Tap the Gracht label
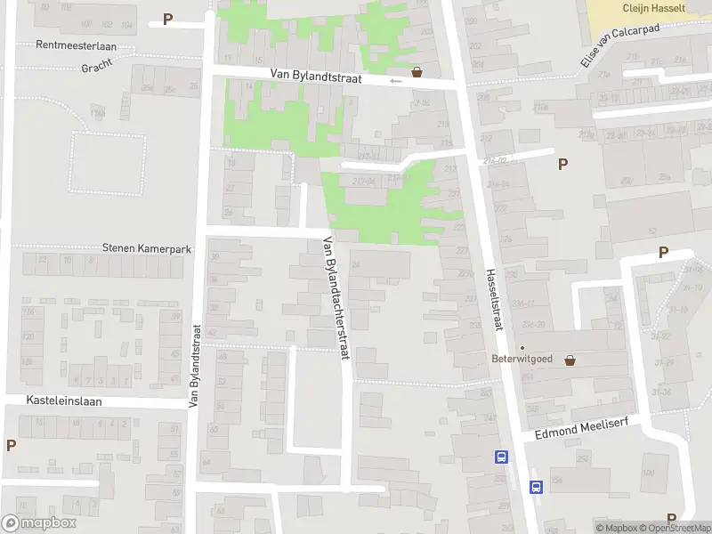click(x=96, y=68)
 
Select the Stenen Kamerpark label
click(x=147, y=249)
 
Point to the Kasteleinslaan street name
click(x=64, y=401)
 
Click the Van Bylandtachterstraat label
click(x=333, y=297)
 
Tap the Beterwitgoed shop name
click(x=522, y=360)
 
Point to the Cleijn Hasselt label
click(x=653, y=7)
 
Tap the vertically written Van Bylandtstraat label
click(x=195, y=366)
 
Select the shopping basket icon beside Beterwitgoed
click(x=570, y=360)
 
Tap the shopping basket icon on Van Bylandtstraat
click(x=417, y=73)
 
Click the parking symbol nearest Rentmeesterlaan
click(x=167, y=20)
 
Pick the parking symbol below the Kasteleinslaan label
click(x=11, y=445)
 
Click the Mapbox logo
click(x=37, y=524)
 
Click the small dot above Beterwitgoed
click(x=522, y=348)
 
